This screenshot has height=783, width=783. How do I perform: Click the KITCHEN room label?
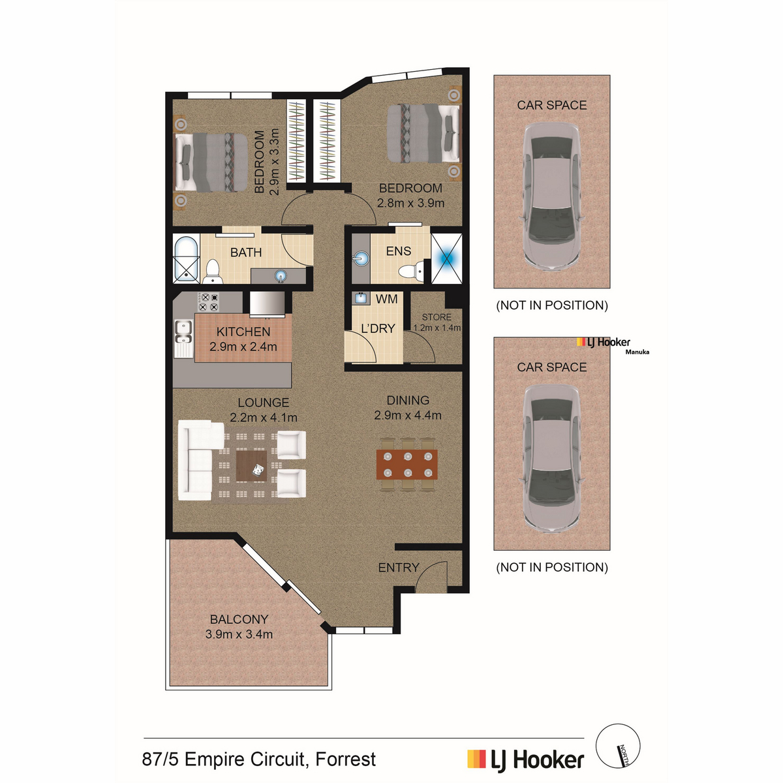[x=243, y=331]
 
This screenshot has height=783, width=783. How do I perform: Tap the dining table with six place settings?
[x=407, y=464]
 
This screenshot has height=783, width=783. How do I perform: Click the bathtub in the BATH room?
[x=187, y=258]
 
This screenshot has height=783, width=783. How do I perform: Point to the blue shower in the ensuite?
[x=446, y=258]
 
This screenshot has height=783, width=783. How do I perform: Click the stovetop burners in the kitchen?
[x=208, y=302]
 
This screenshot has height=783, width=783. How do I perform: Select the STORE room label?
[x=437, y=317]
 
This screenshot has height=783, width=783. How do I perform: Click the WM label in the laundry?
[x=386, y=299]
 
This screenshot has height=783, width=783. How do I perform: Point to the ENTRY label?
[x=399, y=568]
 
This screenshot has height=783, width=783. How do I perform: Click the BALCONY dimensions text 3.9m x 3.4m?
[x=239, y=634]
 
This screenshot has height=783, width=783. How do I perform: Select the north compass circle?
[x=618, y=746]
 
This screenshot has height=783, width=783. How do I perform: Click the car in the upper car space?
[x=552, y=196]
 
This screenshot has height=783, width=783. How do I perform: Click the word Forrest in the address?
[x=346, y=759]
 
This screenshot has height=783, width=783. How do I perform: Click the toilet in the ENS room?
[x=410, y=270]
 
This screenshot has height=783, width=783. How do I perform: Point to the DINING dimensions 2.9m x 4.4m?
[x=408, y=415]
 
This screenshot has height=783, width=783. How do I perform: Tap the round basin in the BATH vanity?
[x=281, y=276]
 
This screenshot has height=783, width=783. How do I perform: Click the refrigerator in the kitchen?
[x=267, y=304]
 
